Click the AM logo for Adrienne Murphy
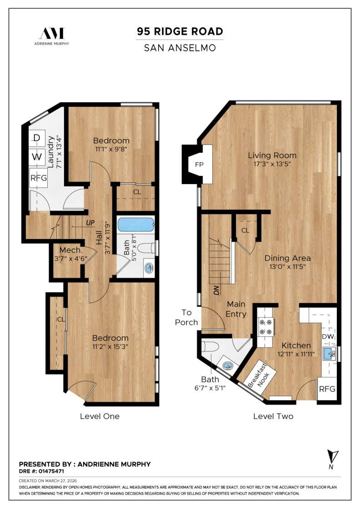pos(52,33)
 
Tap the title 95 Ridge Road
pos(180,31)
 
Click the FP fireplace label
pos(199,164)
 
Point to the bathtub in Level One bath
pos(136,225)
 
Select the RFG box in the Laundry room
pos(39,178)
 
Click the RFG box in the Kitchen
pos(327,389)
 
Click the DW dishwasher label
pos(328,337)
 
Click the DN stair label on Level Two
pos(217,289)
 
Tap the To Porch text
pos(187,317)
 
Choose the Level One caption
pos(100,416)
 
